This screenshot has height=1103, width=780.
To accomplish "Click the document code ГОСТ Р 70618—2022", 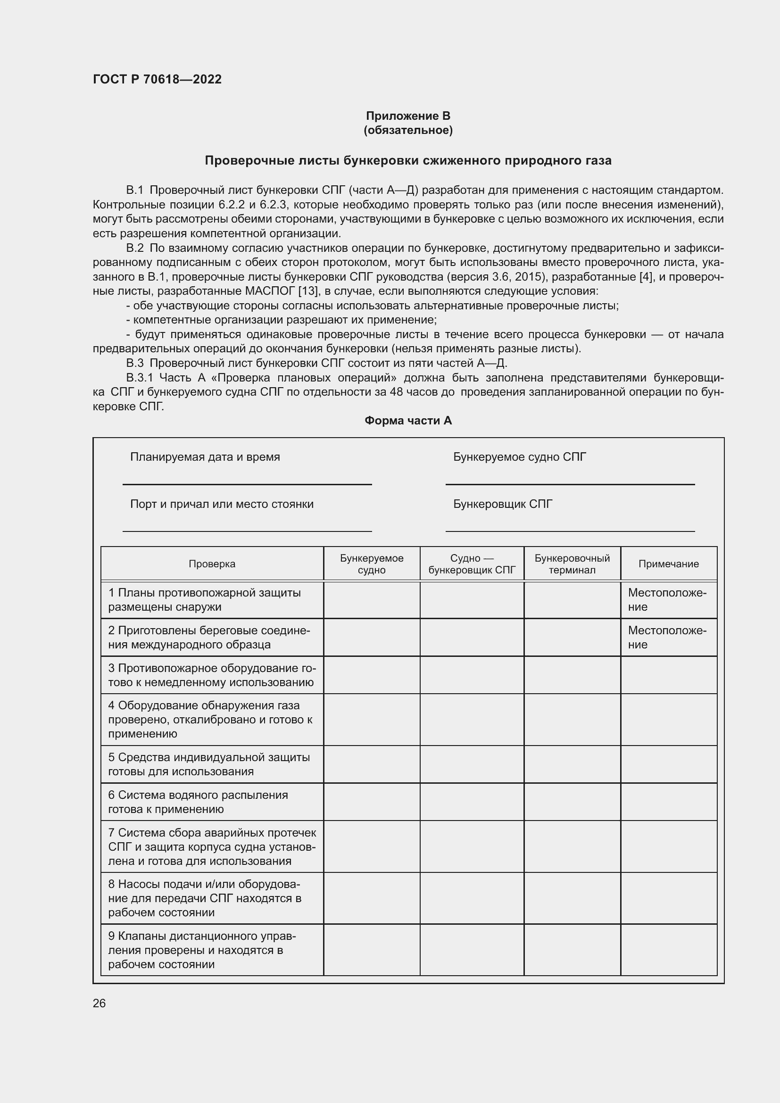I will click(157, 79).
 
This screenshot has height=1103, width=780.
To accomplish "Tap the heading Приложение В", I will click(408, 116).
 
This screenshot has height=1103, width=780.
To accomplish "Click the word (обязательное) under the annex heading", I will click(408, 130).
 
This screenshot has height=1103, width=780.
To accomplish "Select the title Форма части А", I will click(408, 420).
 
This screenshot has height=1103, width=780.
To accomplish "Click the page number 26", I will click(99, 1003).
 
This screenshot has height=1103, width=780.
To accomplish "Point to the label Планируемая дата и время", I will click(205, 457).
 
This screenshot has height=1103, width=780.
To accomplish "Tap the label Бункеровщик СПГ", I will click(502, 504).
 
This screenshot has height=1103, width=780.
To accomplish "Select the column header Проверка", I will click(212, 564).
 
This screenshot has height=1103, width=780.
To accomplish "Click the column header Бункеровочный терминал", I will click(572, 564).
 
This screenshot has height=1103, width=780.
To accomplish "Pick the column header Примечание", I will click(668, 564).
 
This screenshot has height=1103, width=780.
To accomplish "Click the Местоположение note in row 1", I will click(667, 599).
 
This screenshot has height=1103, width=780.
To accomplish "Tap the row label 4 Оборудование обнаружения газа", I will click(210, 719).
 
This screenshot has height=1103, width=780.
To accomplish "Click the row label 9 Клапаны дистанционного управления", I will click(202, 950).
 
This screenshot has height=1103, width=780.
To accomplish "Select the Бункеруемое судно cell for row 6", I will click(371, 802).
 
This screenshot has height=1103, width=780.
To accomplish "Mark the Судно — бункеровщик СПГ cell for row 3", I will click(472, 675).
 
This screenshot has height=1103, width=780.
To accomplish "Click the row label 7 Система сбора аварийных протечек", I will click(212, 846).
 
